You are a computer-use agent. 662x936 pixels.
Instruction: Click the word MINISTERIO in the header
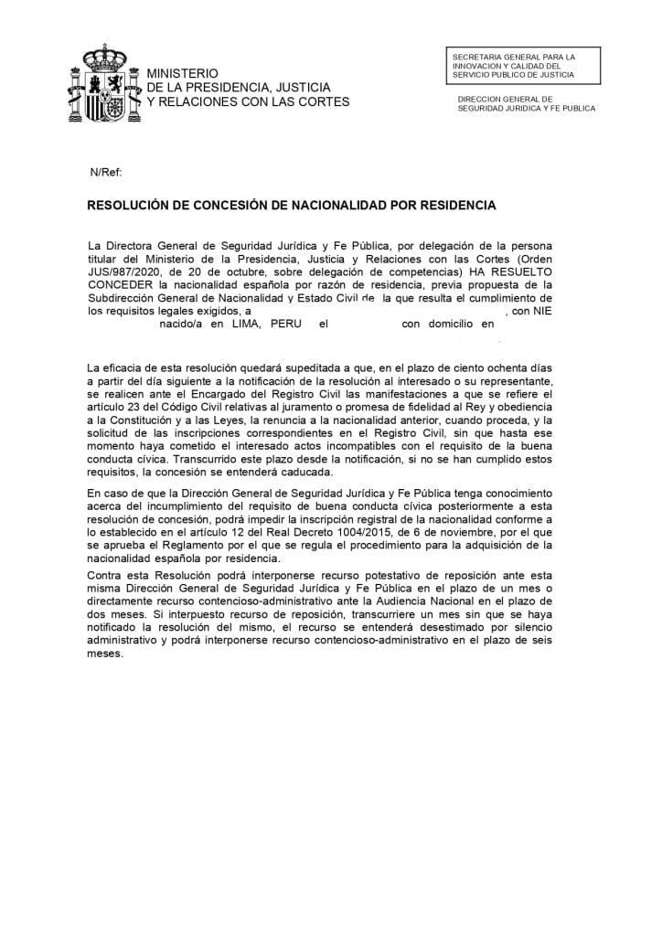(183, 72)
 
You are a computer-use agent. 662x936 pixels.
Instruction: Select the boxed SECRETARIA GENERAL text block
(519, 66)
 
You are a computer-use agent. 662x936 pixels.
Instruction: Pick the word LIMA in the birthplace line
(247, 323)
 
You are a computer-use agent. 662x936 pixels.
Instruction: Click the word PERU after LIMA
(285, 323)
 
